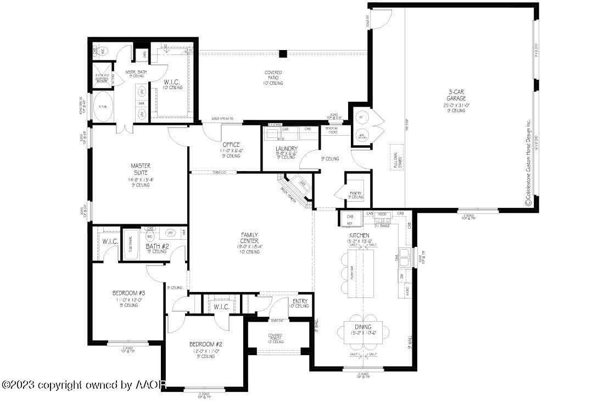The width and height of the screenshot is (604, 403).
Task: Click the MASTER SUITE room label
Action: [141, 169]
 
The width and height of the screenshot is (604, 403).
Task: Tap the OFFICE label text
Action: [231, 145]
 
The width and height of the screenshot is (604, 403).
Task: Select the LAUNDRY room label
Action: [287, 148]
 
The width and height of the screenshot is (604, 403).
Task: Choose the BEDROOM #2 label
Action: [205, 344]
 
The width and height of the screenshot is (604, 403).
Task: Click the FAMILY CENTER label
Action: [249, 238]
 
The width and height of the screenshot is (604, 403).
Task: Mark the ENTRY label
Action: [300, 301]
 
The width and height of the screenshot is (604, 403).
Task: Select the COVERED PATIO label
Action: [273, 73]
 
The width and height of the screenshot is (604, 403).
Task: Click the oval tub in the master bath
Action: [103, 109]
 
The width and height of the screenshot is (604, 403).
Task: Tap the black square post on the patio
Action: [283, 54]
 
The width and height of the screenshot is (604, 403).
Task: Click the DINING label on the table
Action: [362, 328]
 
